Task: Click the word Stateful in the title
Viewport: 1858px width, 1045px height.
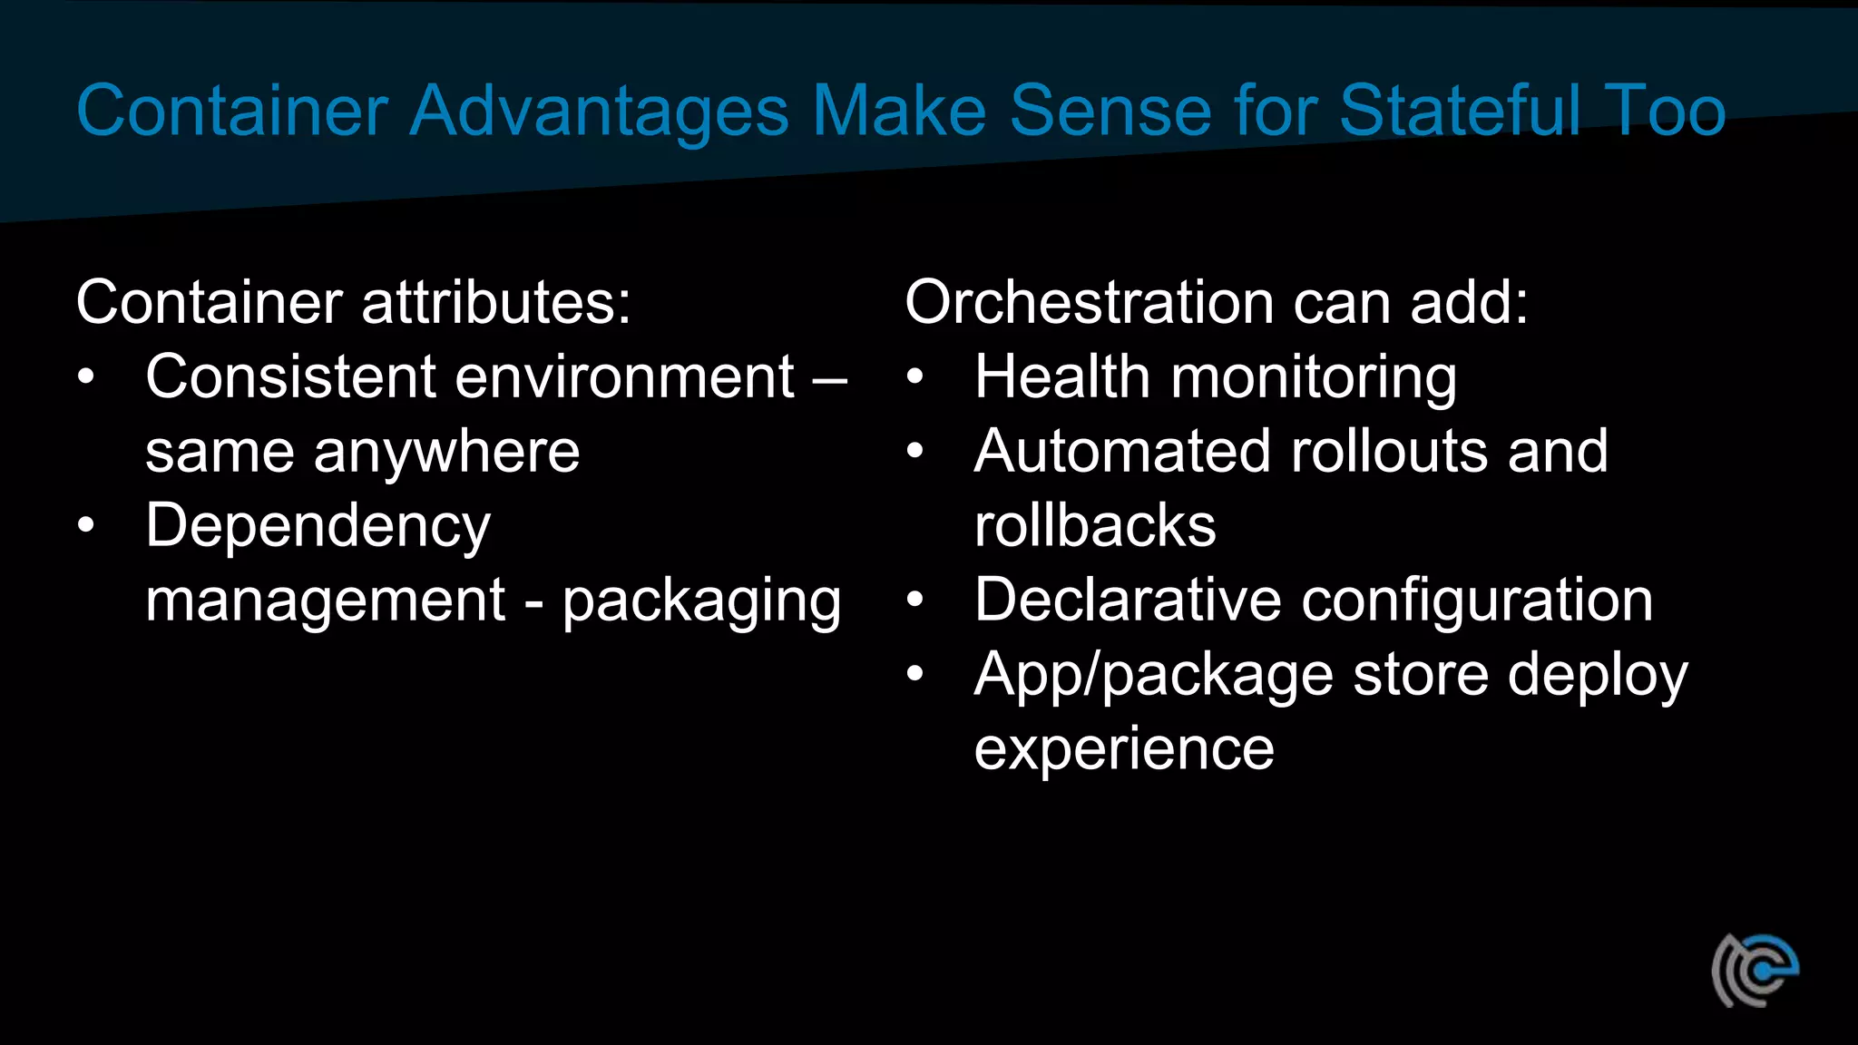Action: [x=1460, y=111]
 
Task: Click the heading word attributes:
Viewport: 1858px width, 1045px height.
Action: [x=495, y=302]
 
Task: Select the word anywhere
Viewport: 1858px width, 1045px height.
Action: [x=446, y=452]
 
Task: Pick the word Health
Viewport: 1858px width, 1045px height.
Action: [x=1061, y=376]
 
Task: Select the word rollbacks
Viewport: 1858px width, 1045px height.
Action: [x=1094, y=526]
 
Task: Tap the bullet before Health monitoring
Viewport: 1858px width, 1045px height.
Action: [x=914, y=376]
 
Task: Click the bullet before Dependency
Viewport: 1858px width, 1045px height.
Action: [x=86, y=525]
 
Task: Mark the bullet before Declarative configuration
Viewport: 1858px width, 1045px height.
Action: [x=914, y=600]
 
